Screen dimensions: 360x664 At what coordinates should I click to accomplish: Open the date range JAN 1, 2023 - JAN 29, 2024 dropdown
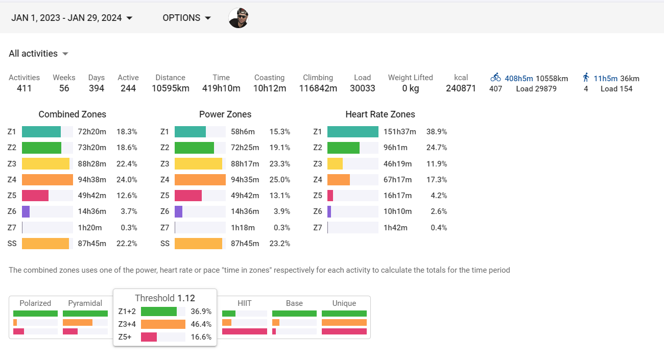(72, 18)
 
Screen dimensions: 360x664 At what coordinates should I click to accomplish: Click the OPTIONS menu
(186, 18)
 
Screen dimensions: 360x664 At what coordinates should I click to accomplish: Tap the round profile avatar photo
(238, 18)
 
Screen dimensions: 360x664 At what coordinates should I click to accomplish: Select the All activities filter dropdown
(38, 54)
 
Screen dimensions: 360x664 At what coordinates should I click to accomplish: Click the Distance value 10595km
(170, 88)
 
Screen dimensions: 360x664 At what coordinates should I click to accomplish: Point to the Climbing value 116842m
(318, 88)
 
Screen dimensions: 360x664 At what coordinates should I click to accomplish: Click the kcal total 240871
(461, 88)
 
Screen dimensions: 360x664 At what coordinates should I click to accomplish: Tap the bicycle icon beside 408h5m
(495, 78)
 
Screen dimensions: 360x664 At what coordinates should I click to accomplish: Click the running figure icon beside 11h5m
(586, 78)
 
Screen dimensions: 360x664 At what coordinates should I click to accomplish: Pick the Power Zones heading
(225, 114)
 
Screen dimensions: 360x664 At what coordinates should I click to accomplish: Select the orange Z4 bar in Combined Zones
(48, 180)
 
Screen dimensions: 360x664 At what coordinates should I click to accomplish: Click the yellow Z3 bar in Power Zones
(198, 164)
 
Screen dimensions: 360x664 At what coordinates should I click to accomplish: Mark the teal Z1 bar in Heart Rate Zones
(352, 132)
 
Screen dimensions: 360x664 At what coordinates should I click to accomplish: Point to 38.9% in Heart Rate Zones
(437, 132)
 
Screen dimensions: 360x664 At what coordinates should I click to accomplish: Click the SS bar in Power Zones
(198, 244)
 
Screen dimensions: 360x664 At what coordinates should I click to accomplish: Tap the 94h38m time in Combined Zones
(92, 180)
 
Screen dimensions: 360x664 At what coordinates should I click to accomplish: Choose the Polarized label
(35, 303)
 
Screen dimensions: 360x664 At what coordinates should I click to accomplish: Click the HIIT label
(244, 303)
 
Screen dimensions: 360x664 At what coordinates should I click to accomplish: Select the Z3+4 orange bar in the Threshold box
(163, 324)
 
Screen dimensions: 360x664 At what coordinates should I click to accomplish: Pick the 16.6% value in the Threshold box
(201, 337)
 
